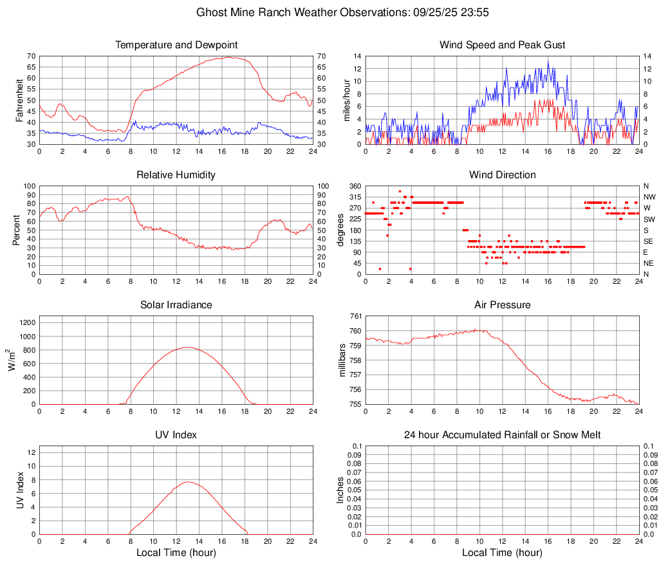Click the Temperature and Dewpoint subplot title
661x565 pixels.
click(176, 45)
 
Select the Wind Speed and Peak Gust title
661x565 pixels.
click(502, 45)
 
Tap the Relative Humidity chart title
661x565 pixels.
click(176, 175)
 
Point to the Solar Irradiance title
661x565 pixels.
click(176, 305)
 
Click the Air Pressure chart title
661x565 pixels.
click(502, 305)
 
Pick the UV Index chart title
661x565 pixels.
click(176, 435)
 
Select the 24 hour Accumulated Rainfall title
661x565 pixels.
click(502, 435)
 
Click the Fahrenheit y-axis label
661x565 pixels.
click(19, 100)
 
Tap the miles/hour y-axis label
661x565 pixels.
click(346, 100)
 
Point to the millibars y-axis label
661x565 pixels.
click(342, 360)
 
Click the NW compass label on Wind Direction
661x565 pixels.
click(649, 197)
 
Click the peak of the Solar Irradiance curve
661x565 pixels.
click(187, 347)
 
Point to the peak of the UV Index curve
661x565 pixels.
click(187, 481)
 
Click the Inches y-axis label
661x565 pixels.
click(340, 490)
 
